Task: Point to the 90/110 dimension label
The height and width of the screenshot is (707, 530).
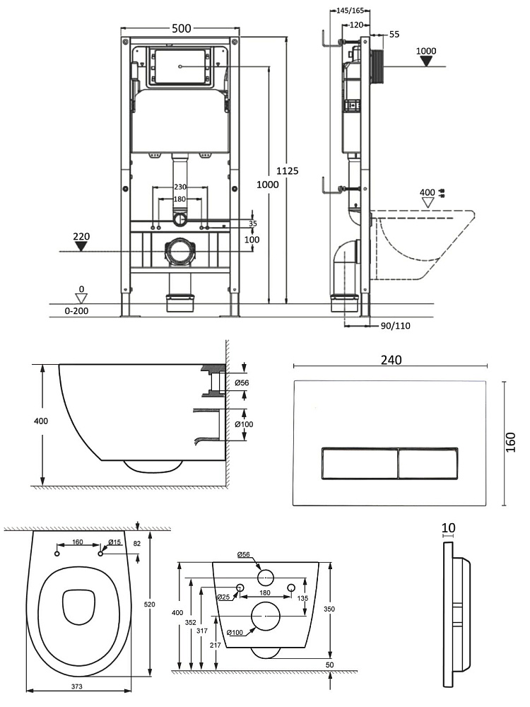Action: click(395, 325)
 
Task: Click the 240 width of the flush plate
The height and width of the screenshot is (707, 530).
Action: click(390, 359)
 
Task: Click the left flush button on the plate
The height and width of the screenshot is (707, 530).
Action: click(358, 464)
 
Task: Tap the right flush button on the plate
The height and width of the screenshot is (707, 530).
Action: click(428, 464)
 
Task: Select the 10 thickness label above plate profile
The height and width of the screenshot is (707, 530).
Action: click(448, 528)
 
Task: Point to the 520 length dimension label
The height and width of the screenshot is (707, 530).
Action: click(149, 604)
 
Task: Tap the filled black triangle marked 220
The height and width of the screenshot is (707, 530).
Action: click(81, 246)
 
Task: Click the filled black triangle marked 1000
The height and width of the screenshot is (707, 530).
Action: click(426, 61)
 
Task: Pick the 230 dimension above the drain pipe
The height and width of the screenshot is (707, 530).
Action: click(182, 187)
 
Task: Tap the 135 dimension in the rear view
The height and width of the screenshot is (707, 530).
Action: click(304, 597)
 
